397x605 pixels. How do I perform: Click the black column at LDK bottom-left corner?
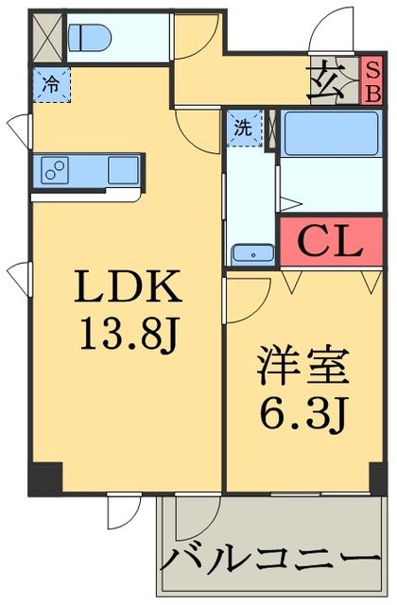pos(44,477)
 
